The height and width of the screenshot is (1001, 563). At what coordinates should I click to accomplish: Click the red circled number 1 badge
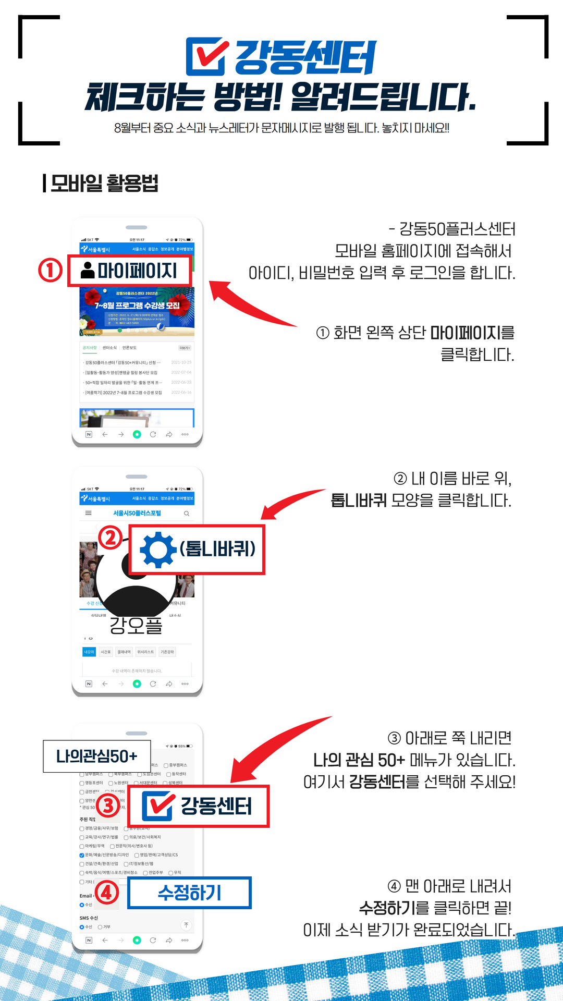point(50,270)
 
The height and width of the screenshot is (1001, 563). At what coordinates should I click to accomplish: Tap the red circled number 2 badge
point(111,538)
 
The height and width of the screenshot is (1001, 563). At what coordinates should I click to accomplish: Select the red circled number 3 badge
point(108,806)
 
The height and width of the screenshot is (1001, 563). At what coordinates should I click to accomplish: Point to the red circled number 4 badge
point(106,893)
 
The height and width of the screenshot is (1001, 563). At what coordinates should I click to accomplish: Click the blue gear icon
point(158,550)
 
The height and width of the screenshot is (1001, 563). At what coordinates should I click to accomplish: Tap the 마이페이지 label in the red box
point(138,271)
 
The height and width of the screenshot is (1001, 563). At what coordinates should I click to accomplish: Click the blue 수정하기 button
point(190,893)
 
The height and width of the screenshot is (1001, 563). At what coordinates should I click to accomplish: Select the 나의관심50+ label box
point(97,756)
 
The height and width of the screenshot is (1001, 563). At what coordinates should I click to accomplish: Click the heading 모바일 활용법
point(104,184)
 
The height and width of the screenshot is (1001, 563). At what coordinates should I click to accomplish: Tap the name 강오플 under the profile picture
point(136,625)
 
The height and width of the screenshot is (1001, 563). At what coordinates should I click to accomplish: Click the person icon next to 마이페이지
point(88,270)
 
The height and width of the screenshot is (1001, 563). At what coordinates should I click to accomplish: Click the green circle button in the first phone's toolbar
point(137,434)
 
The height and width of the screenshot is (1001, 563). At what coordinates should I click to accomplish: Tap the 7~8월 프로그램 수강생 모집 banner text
point(137,306)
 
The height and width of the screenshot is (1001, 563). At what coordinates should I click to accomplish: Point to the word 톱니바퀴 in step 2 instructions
point(359,500)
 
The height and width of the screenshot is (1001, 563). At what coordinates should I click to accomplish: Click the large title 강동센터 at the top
point(305,57)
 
